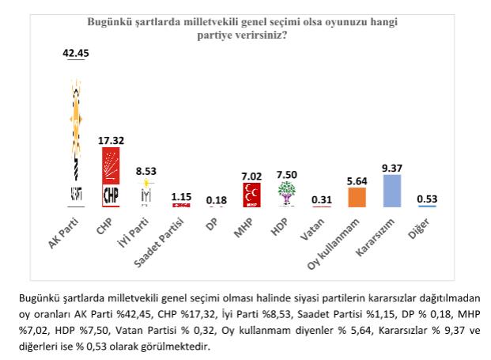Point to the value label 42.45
(x=77, y=54)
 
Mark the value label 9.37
(x=391, y=167)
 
